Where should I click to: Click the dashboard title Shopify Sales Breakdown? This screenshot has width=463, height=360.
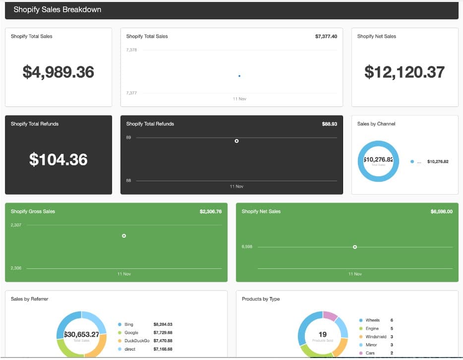tap(57, 9)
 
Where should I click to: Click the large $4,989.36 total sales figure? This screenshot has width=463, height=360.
tap(58, 72)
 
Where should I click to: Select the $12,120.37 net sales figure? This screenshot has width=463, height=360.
tap(405, 72)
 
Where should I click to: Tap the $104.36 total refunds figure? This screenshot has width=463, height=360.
tap(58, 159)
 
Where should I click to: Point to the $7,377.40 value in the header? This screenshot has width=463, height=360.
tap(326, 36)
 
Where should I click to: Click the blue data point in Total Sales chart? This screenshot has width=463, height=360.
tap(239, 76)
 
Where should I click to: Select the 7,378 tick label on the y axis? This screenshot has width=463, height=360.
tap(131, 50)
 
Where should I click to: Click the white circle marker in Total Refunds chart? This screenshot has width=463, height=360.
tap(236, 141)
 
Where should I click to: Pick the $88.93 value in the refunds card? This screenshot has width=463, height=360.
tap(329, 124)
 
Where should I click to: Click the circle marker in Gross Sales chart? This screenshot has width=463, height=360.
tap(124, 236)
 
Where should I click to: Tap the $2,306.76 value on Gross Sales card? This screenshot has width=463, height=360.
tap(211, 211)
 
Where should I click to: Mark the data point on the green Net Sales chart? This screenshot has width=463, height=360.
tap(355, 247)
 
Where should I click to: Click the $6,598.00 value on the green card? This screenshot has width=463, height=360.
tap(441, 211)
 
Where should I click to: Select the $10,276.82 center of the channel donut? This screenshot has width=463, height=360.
tap(378, 160)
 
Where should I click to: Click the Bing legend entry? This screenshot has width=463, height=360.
tap(128, 324)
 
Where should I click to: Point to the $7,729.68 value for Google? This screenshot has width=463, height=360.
tap(163, 333)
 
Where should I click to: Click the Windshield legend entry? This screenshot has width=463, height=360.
tap(376, 337)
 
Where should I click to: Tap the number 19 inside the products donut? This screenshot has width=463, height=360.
tap(323, 334)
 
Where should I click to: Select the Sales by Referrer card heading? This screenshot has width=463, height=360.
tap(30, 299)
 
